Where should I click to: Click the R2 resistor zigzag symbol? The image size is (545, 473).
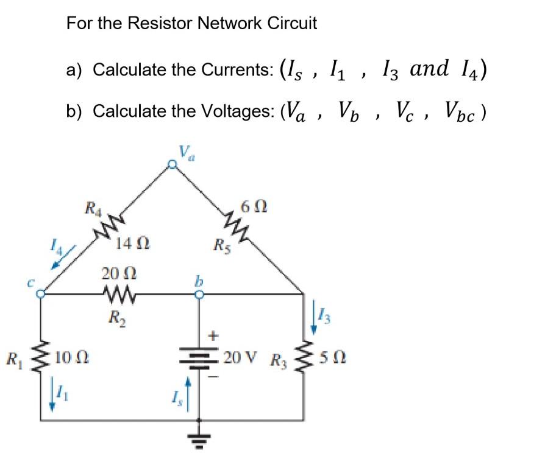tap(114, 295)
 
